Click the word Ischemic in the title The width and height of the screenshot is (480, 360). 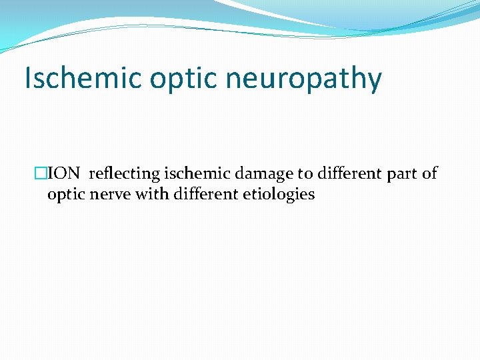click(x=83, y=79)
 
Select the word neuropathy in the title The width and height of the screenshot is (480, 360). click(x=303, y=79)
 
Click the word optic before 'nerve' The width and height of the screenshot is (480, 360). click(x=66, y=195)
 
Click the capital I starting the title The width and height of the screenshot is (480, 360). click(x=27, y=79)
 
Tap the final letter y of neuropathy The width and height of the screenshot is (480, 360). click(x=375, y=80)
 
